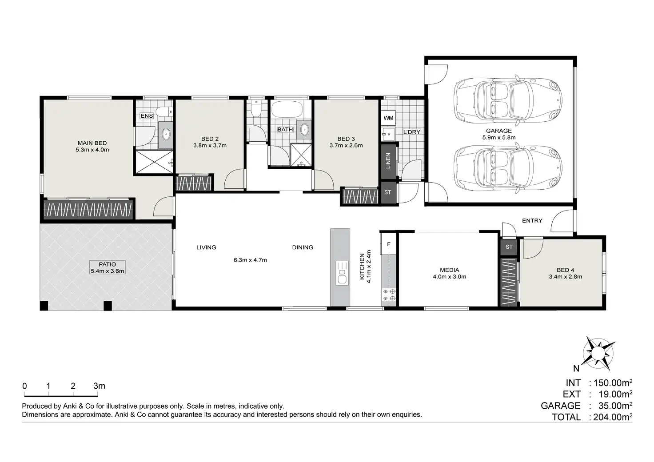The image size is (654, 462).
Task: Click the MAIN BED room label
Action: point(92,143)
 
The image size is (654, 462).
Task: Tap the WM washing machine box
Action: point(388,118)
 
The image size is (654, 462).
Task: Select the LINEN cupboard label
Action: point(388,161)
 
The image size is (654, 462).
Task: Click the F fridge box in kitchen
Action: point(389,244)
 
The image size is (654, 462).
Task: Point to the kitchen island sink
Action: point(342,273)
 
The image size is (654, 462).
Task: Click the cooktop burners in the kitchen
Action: point(389,295)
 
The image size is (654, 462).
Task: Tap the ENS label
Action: point(147,116)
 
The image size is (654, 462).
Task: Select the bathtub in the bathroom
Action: point(287,109)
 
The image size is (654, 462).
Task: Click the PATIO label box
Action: point(107,267)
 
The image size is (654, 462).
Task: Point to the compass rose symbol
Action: point(598,354)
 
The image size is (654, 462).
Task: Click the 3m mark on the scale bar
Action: point(99,386)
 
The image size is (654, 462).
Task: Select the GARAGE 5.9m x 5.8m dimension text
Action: point(498,137)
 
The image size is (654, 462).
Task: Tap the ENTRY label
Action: point(532,221)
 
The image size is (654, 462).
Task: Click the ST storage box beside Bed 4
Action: point(509,247)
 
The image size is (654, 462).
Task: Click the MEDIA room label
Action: point(449,270)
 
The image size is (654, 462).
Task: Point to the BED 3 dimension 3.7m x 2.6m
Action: point(346,145)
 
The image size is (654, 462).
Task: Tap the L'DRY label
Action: point(412,132)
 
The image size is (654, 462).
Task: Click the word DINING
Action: point(303,247)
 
